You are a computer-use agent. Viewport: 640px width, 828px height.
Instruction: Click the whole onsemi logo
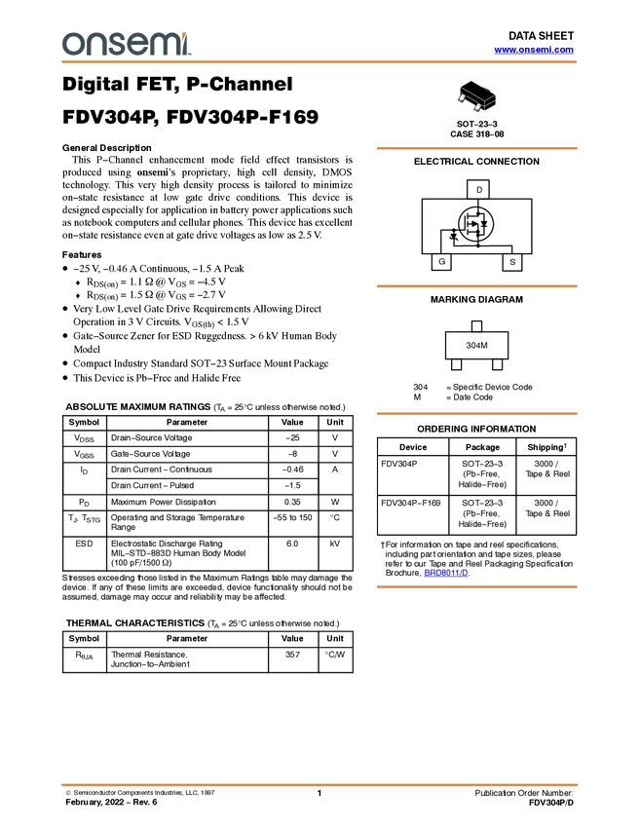(x=127, y=44)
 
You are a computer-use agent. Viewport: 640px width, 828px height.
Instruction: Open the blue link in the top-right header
(x=534, y=50)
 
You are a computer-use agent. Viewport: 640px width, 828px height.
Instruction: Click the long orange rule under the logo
(x=320, y=62)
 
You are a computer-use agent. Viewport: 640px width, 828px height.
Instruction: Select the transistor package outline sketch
(x=477, y=99)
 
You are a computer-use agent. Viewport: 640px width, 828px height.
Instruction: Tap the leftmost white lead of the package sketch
(x=461, y=99)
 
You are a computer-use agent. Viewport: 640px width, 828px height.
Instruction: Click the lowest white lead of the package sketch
(x=476, y=110)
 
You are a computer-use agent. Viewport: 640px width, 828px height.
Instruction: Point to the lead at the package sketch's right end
(x=495, y=96)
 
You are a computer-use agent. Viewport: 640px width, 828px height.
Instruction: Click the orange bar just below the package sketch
(x=476, y=148)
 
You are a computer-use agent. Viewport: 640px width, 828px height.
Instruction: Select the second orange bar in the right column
(x=476, y=286)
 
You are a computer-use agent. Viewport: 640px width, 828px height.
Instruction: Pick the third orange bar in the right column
(x=476, y=414)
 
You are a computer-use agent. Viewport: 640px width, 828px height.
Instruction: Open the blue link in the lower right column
(x=446, y=574)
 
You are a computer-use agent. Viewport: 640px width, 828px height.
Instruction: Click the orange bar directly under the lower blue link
(x=476, y=586)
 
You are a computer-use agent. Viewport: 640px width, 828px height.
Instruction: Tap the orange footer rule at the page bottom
(x=320, y=784)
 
